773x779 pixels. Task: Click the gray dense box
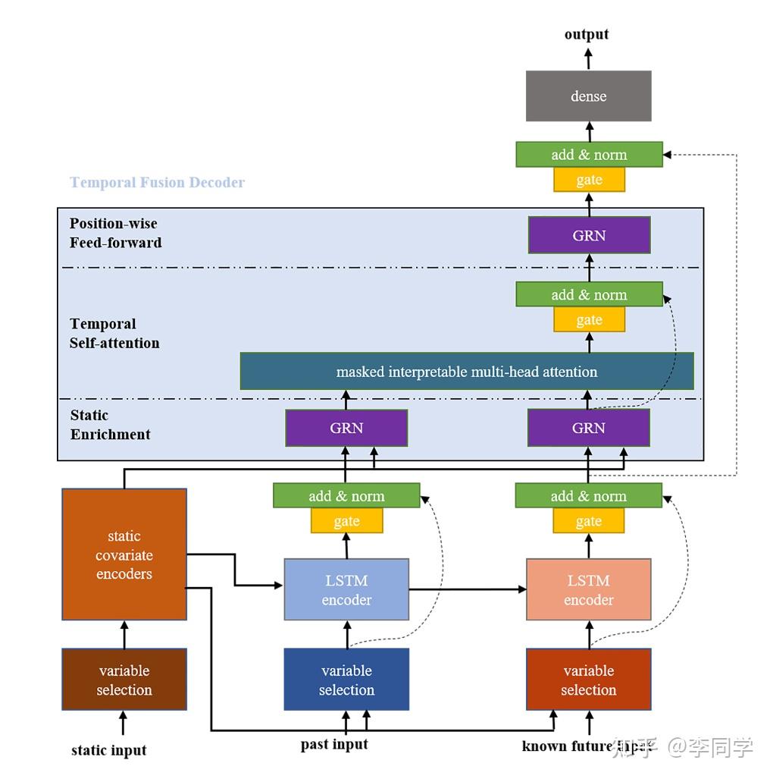588,96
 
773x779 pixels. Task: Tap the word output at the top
586,34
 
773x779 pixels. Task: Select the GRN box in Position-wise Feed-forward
589,235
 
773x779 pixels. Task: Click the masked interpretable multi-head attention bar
466,372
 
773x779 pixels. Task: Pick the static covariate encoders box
124,554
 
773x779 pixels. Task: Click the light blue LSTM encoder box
346,589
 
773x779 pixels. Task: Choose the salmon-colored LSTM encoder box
588,589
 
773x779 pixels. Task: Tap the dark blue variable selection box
346,680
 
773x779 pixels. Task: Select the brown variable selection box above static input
124,680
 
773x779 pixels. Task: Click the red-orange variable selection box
588,680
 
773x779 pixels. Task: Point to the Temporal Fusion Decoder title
157,183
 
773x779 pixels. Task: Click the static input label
108,750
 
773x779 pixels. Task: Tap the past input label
334,744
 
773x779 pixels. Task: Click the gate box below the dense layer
589,180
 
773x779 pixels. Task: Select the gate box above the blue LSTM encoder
346,521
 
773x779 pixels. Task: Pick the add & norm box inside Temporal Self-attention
589,294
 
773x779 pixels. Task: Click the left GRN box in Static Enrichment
346,428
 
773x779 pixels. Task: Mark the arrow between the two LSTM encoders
467,589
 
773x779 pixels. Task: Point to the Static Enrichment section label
110,425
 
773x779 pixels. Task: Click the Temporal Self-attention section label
114,333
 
